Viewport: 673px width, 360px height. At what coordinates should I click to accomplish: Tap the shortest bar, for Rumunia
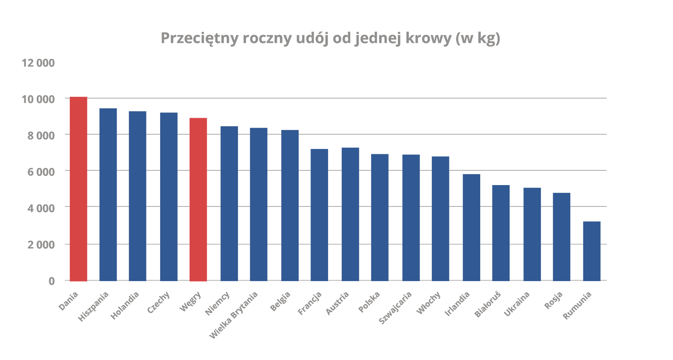click(x=592, y=251)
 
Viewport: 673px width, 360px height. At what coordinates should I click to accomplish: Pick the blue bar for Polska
click(x=380, y=217)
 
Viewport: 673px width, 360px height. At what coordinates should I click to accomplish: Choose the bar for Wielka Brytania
click(x=259, y=204)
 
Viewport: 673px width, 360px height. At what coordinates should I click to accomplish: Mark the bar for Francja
click(x=319, y=215)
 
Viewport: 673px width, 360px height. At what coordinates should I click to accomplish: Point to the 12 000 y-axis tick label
click(x=38, y=63)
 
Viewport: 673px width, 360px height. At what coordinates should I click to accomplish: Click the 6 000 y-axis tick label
click(x=41, y=172)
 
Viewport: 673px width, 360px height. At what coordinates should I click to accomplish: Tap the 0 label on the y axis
click(x=52, y=281)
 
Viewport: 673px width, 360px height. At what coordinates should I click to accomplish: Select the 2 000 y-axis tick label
click(x=41, y=244)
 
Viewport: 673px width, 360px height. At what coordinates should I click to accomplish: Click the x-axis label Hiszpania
click(x=94, y=306)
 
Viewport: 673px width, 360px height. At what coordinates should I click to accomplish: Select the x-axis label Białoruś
click(x=488, y=304)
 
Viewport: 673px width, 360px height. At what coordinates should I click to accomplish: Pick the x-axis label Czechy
click(x=158, y=302)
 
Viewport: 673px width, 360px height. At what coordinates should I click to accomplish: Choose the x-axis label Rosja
click(x=553, y=300)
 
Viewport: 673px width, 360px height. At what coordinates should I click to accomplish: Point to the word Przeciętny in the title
click(x=199, y=38)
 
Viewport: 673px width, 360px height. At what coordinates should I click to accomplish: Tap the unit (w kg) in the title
click(x=478, y=38)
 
